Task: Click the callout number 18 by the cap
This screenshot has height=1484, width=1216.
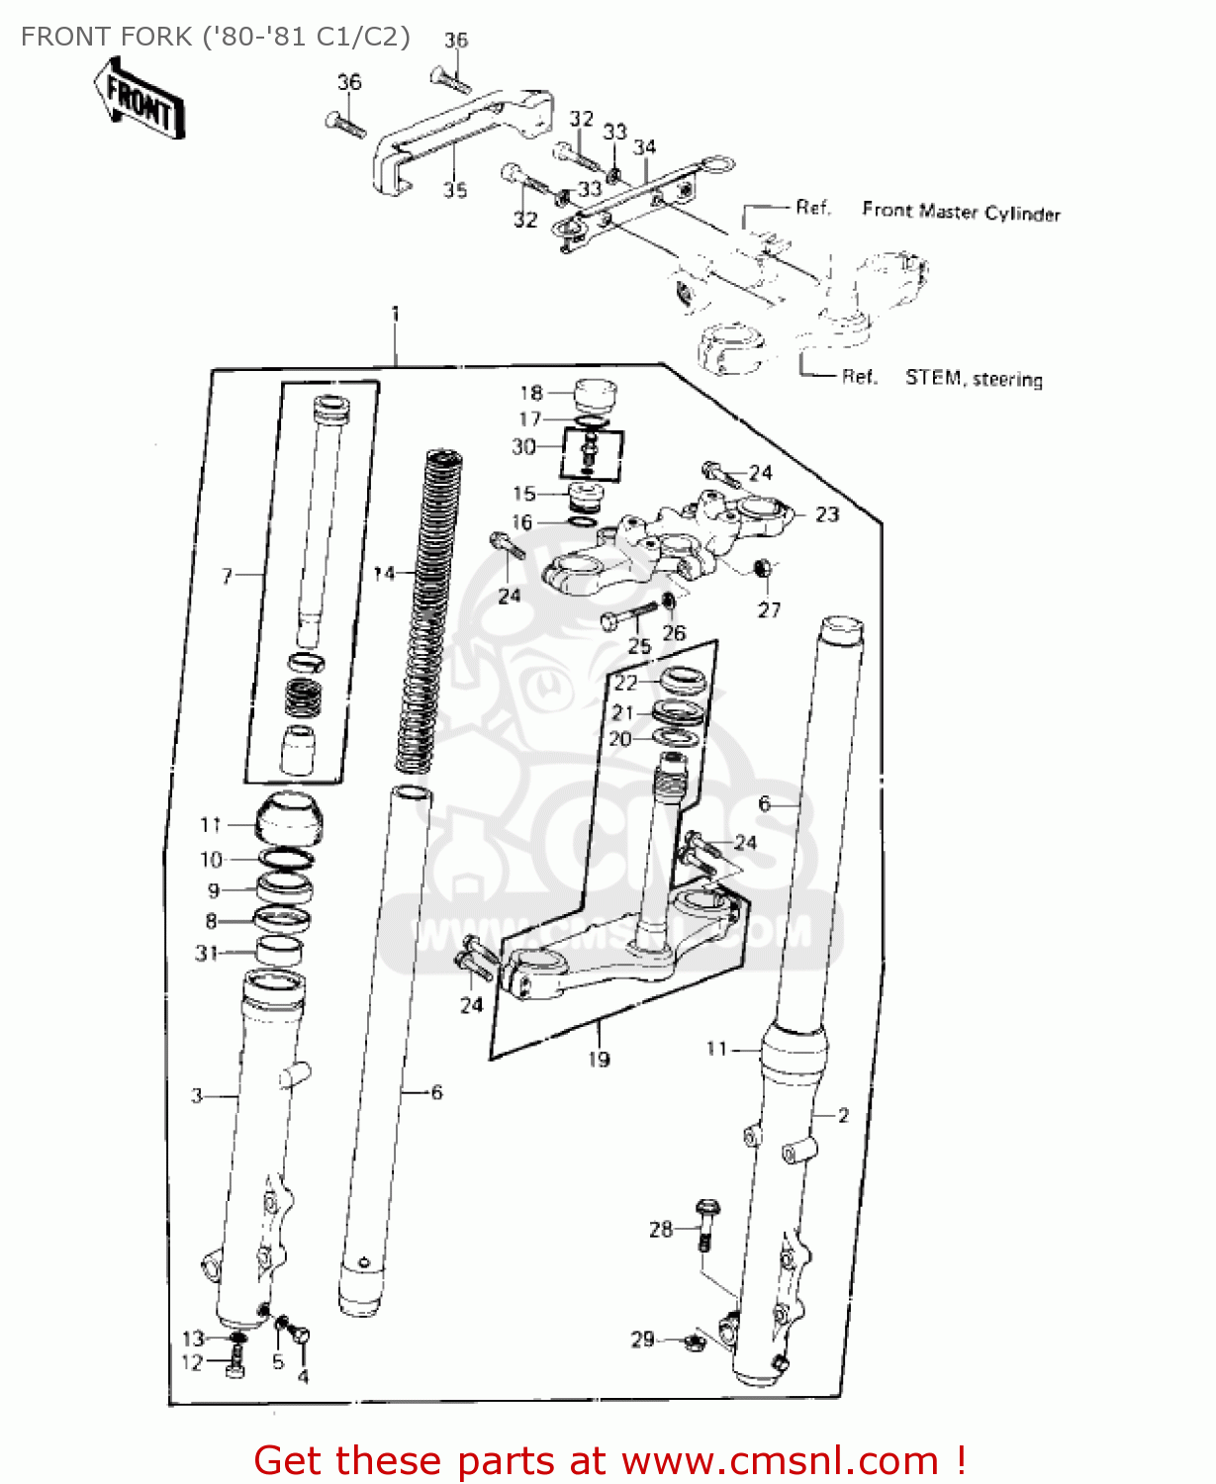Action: [531, 393]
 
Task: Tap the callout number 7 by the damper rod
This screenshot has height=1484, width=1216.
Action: [227, 575]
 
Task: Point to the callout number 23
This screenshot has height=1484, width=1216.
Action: [827, 514]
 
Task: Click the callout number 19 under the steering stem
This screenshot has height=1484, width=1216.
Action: [599, 1060]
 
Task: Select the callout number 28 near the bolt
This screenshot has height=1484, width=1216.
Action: [661, 1229]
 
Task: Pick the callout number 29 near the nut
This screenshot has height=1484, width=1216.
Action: [643, 1339]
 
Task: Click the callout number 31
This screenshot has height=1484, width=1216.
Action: [206, 953]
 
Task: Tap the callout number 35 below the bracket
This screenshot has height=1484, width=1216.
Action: [455, 189]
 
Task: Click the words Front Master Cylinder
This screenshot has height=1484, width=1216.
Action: [961, 212]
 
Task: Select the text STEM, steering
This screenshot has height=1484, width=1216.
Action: [974, 379]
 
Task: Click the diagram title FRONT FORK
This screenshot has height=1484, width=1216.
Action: [215, 37]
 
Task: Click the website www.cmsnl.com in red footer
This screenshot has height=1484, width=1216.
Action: [780, 1461]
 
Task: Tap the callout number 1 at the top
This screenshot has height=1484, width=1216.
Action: [396, 314]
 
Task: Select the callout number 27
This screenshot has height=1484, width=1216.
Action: [769, 609]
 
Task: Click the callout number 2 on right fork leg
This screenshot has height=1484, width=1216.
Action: [843, 1115]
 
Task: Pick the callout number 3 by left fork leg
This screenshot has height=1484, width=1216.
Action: [197, 1095]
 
